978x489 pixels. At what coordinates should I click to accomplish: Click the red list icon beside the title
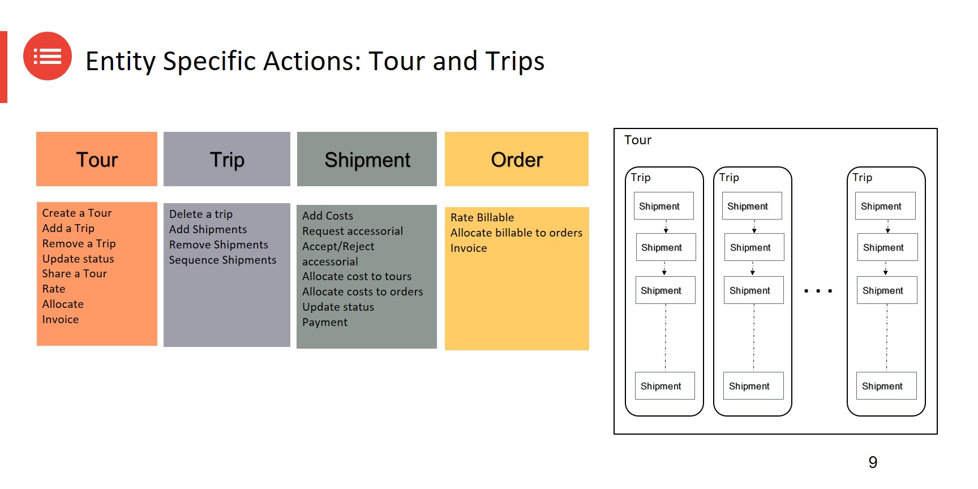(48, 56)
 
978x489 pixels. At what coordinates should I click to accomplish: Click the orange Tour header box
(97, 159)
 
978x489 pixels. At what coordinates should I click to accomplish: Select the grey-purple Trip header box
(227, 159)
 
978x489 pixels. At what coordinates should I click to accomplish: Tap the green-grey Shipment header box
(367, 159)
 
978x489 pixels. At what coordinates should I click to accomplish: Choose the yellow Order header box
(517, 159)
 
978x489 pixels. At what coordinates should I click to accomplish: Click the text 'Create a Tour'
(77, 213)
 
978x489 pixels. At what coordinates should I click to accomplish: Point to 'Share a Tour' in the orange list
(75, 274)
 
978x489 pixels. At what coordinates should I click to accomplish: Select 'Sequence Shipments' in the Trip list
(222, 260)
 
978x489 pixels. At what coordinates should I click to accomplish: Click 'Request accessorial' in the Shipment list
(353, 231)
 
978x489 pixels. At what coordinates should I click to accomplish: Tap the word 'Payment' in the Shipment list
(325, 323)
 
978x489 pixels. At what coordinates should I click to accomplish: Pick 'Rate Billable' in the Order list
(482, 218)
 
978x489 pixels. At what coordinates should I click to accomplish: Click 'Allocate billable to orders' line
(516, 233)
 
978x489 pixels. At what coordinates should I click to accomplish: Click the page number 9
(873, 462)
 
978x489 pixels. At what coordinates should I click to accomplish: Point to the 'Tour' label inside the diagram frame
(638, 140)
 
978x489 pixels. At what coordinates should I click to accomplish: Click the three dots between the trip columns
(818, 291)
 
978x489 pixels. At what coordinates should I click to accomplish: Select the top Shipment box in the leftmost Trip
(663, 206)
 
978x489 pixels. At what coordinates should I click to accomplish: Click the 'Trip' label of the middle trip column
(729, 178)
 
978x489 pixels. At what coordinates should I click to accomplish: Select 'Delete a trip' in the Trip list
(201, 215)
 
